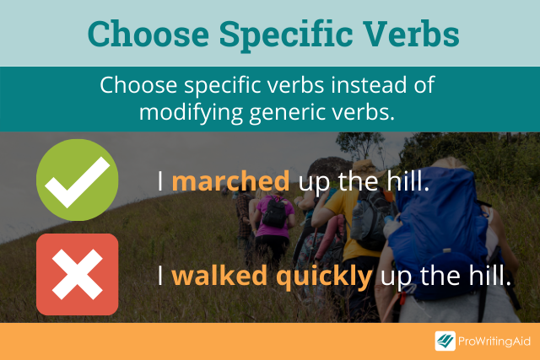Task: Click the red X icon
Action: pyautogui.click(x=77, y=275)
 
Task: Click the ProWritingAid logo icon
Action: pyautogui.click(x=445, y=341)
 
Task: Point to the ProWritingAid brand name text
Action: pyautogui.click(x=493, y=341)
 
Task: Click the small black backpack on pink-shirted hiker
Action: pyautogui.click(x=274, y=213)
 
